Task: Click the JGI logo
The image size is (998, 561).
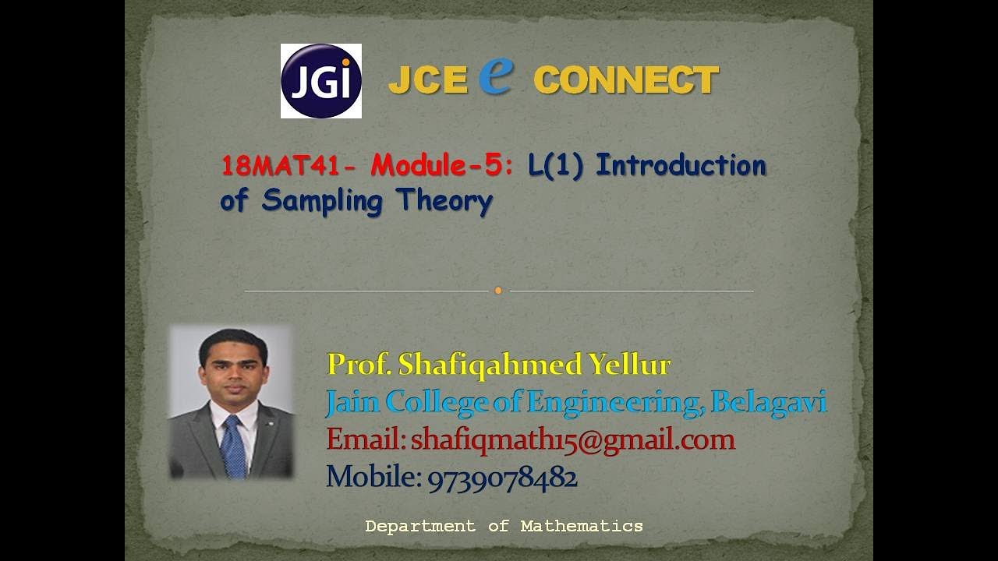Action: [x=320, y=81]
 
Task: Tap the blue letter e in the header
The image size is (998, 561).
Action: [x=497, y=76]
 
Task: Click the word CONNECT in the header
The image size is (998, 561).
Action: [x=625, y=80]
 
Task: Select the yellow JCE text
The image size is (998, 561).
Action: [x=427, y=80]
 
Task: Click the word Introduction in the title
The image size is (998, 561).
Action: [x=681, y=166]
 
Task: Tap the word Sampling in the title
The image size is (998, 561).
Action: [x=322, y=201]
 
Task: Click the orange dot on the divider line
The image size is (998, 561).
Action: [x=498, y=291]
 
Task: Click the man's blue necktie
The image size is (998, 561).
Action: [x=232, y=446]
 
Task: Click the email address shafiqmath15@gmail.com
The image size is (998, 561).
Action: [x=573, y=439]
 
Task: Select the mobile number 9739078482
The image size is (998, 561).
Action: [x=502, y=476]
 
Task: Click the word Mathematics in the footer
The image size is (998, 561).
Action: [x=582, y=526]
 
